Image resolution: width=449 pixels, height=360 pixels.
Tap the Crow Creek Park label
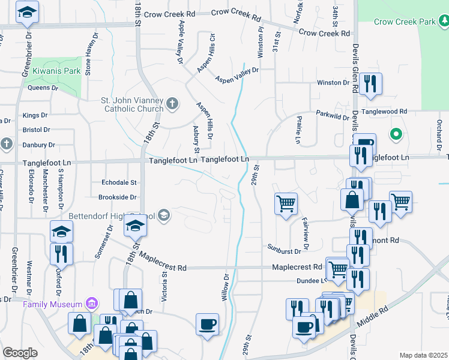tap(404, 22)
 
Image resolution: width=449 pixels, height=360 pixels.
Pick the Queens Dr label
tap(43, 88)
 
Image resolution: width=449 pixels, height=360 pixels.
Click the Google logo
tap(20, 353)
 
